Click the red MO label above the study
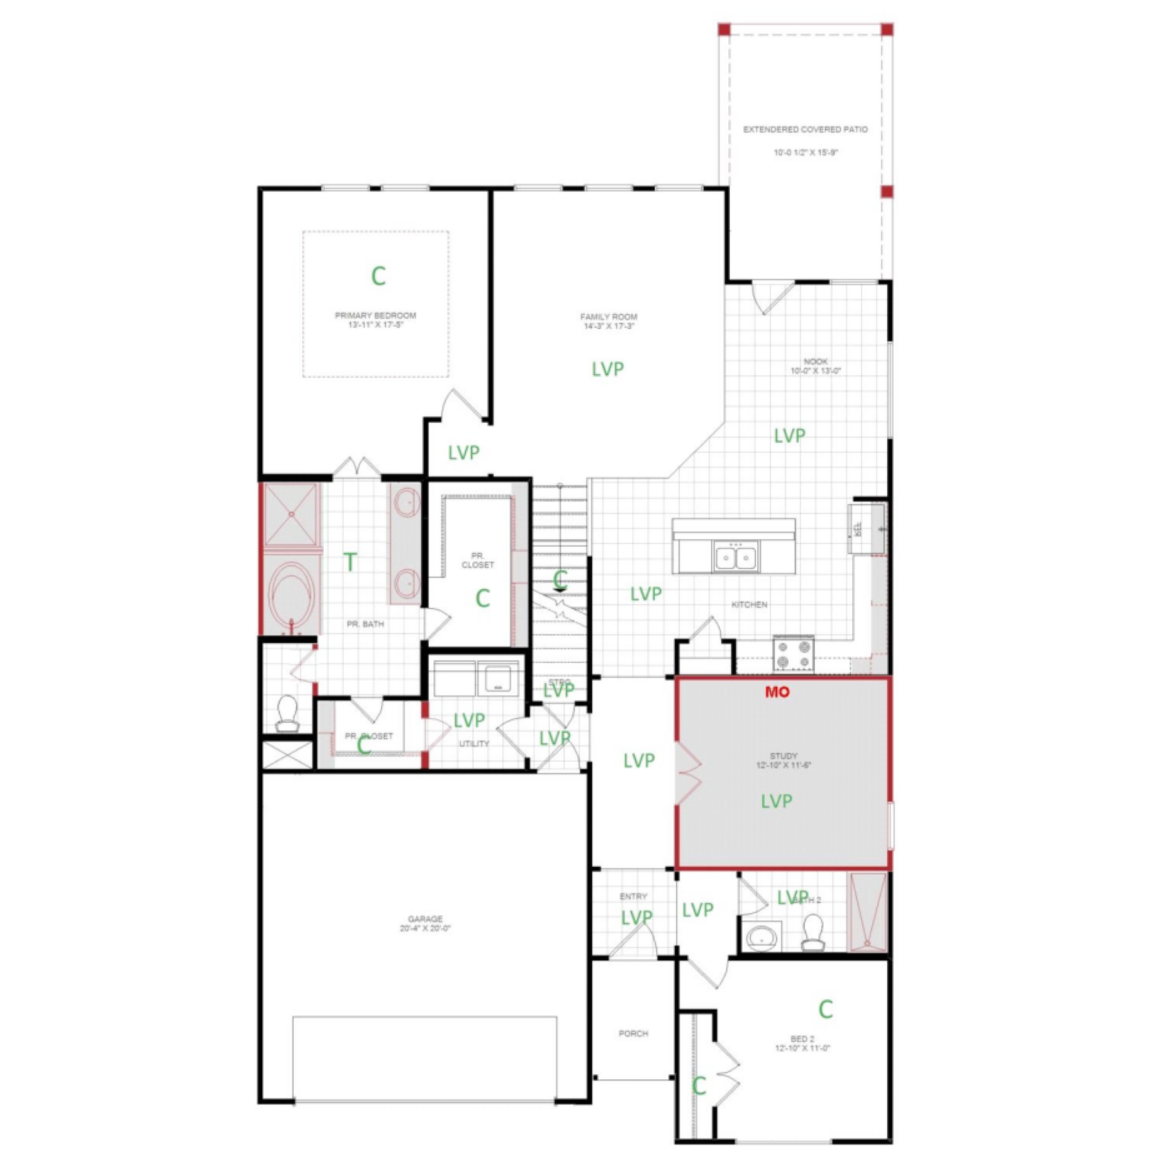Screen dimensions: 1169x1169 (x=778, y=692)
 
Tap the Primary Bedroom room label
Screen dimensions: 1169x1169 (x=375, y=320)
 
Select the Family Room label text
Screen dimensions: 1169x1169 (x=608, y=321)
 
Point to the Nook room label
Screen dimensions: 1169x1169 (x=815, y=365)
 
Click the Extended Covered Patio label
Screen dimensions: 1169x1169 (x=805, y=129)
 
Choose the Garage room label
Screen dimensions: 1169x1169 (x=425, y=923)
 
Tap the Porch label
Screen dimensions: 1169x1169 (x=633, y=1033)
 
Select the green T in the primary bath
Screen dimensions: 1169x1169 (x=350, y=562)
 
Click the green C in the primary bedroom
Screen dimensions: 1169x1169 (x=378, y=276)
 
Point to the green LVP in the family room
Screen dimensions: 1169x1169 (x=608, y=369)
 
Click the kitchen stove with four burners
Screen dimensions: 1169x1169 (x=794, y=654)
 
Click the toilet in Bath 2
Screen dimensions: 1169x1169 (x=813, y=933)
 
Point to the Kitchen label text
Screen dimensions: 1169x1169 (x=749, y=605)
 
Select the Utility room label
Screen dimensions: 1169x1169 (x=474, y=743)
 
